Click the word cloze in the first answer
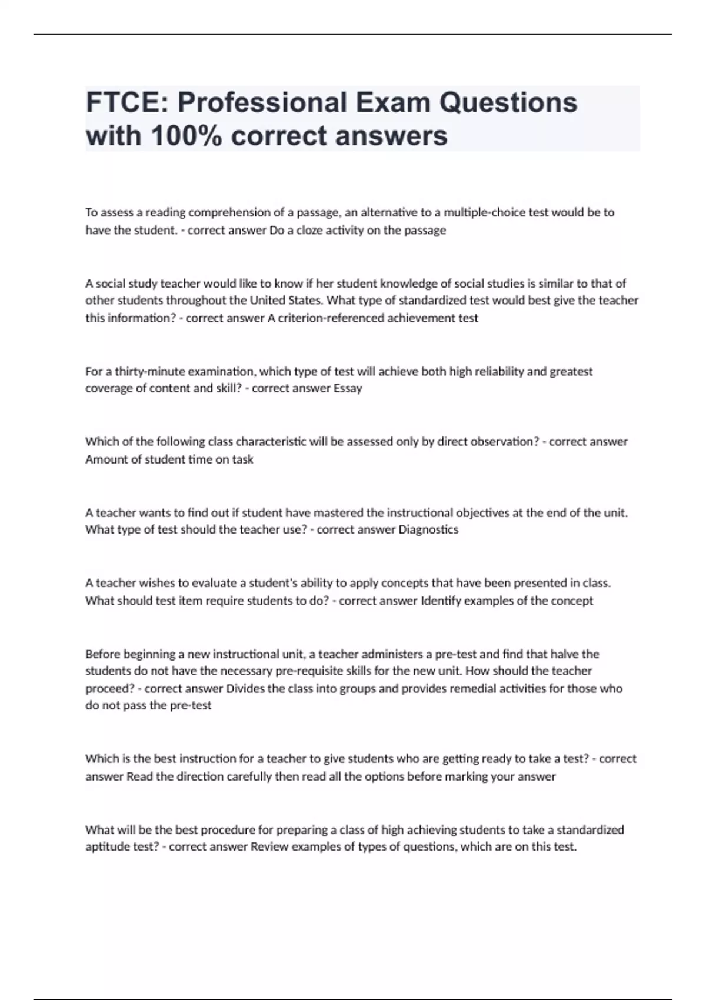point(305,230)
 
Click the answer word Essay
point(348,388)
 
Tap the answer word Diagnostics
point(428,529)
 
